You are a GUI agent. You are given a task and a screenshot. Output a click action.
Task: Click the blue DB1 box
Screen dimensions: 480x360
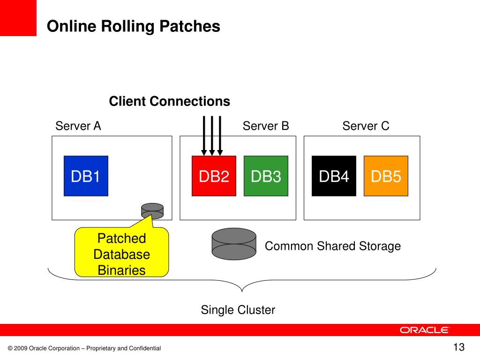[86, 176]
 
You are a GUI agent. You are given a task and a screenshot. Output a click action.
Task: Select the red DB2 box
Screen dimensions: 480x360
[214, 176]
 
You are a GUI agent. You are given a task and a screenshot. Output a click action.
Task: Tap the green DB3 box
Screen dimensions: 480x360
[266, 176]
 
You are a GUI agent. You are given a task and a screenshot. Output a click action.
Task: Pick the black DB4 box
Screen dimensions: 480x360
[334, 176]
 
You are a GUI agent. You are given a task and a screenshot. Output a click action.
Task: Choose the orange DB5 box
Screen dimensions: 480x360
[386, 176]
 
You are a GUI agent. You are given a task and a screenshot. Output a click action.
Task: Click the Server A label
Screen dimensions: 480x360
[78, 126]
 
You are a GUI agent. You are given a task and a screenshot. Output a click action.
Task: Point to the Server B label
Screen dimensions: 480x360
[266, 126]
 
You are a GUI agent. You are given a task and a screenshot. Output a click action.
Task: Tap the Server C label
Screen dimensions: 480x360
[366, 126]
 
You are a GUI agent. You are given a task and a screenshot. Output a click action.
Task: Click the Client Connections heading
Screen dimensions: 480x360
[170, 101]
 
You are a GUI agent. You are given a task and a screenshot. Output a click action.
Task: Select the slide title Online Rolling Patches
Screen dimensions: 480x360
[134, 26]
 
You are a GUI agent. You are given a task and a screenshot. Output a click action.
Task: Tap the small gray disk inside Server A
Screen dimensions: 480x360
[152, 211]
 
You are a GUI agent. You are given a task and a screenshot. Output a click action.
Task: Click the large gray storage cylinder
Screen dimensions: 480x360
[234, 244]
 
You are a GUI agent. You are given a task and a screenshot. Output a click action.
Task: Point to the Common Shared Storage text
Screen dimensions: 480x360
[333, 246]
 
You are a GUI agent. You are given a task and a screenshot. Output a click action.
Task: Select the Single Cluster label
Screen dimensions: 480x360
[238, 310]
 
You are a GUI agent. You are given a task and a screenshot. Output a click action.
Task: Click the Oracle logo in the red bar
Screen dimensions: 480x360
[424, 330]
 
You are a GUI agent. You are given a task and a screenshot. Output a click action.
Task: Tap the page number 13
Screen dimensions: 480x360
[459, 347]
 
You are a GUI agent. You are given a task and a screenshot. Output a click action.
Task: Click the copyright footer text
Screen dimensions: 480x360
[84, 348]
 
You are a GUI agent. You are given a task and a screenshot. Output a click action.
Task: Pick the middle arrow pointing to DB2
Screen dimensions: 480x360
[212, 136]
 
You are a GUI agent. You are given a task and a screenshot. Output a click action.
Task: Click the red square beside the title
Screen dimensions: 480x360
[18, 18]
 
